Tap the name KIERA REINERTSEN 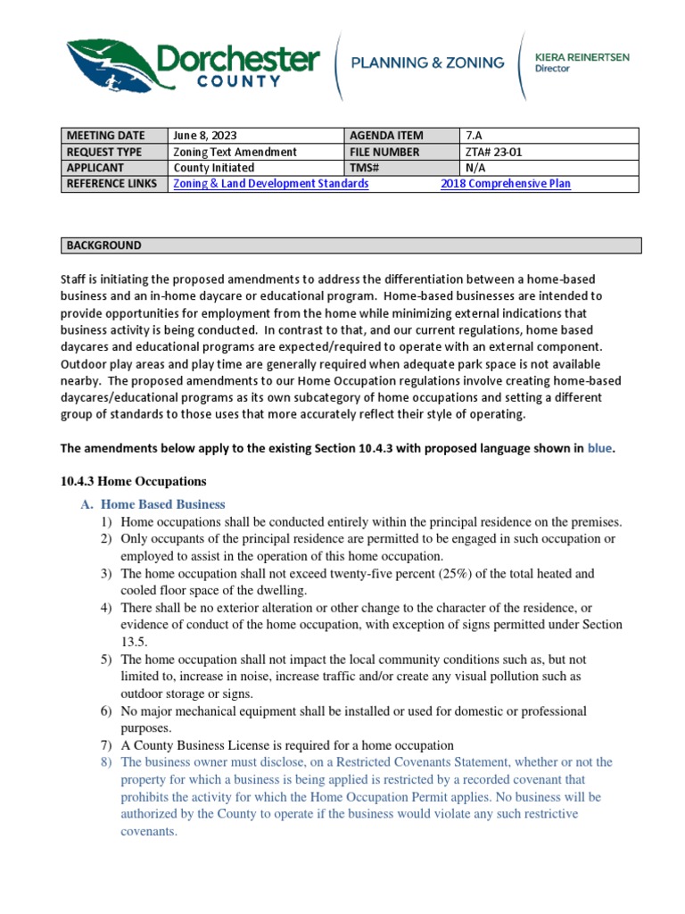[582, 56]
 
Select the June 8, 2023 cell [205, 136]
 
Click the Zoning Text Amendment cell [235, 152]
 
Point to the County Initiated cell [213, 168]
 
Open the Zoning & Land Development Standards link [270, 184]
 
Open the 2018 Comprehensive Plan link [506, 184]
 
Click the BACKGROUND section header [103, 245]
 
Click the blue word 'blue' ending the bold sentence [599, 449]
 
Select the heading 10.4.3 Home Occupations [133, 481]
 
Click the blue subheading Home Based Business [162, 504]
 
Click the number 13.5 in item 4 [134, 642]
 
